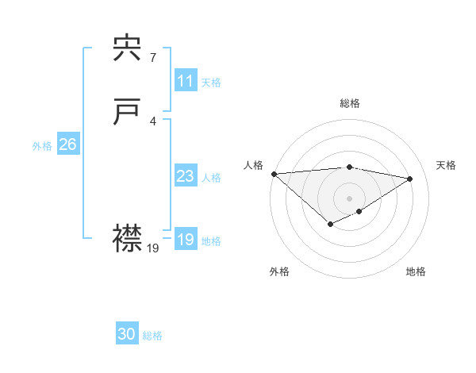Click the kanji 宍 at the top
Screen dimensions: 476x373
click(128, 50)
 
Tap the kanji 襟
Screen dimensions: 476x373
click(128, 239)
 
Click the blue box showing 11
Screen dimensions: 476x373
click(185, 81)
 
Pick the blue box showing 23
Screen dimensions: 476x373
click(185, 176)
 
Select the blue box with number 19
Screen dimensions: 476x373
click(185, 240)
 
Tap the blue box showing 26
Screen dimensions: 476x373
click(67, 144)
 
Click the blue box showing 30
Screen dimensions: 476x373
click(127, 334)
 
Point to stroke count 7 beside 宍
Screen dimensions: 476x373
click(152, 57)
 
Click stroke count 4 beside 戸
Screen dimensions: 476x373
click(152, 121)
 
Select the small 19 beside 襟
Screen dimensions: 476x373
click(153, 248)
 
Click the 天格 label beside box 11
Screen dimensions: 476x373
click(211, 82)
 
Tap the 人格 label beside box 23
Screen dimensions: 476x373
click(211, 177)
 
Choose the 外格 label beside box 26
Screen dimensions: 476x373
click(42, 145)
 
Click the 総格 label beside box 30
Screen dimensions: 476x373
click(152, 336)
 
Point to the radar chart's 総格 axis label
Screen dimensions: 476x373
click(349, 103)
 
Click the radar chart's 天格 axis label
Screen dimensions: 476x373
click(447, 165)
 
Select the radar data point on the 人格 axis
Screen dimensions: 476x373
click(274, 174)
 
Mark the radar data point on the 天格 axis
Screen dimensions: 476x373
click(410, 179)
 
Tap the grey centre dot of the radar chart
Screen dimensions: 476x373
click(349, 198)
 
